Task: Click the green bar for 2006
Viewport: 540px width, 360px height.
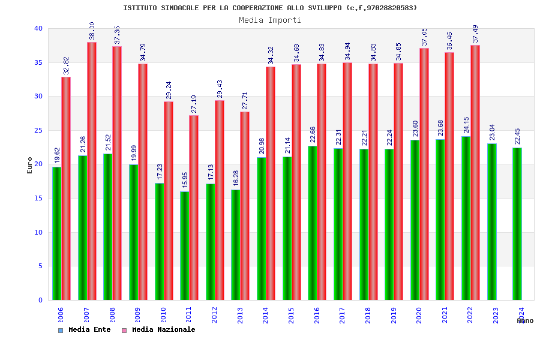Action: coord(56,233)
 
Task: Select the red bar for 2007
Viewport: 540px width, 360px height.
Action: coord(92,171)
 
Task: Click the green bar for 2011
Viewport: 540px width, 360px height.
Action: coord(185,246)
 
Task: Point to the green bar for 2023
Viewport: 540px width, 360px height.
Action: coord(492,222)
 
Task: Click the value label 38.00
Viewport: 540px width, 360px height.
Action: coord(92,31)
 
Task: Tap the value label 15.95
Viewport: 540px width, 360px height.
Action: coord(185,180)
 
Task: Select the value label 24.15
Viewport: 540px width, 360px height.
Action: coord(467,125)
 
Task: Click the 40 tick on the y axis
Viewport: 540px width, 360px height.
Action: coord(38,28)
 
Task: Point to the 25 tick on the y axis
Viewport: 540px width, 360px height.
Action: coord(38,130)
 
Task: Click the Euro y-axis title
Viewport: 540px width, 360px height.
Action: coord(30,165)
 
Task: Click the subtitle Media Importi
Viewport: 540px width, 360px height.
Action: coord(270,20)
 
